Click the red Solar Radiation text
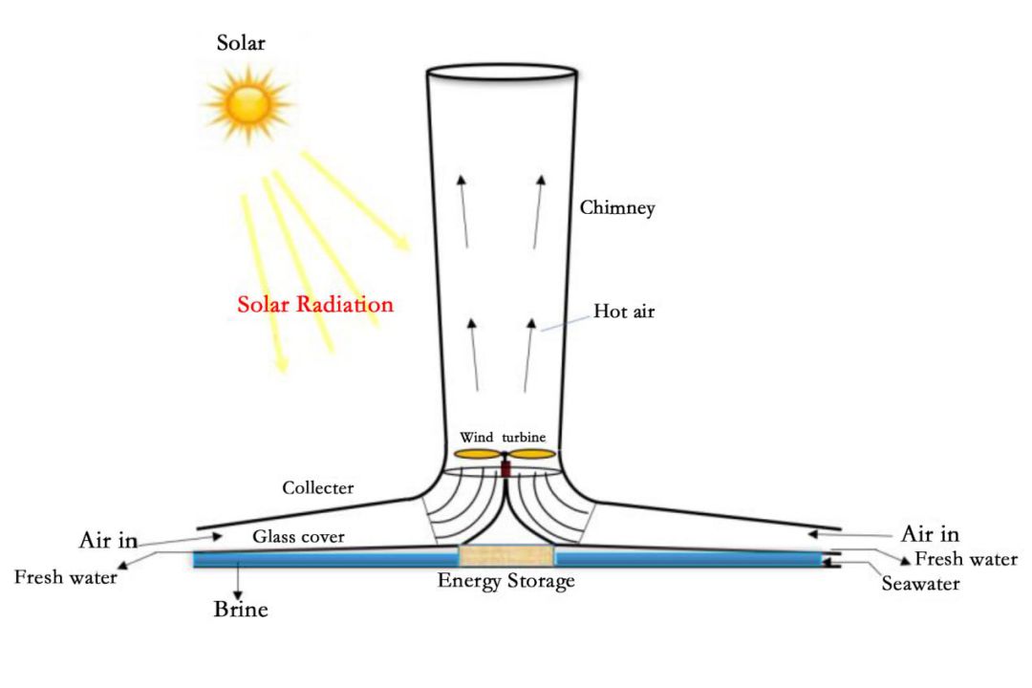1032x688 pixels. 315,305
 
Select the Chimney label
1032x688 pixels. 617,207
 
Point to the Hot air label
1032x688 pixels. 624,311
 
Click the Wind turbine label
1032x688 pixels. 503,438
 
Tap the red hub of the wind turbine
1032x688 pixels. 505,468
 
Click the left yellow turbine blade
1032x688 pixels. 477,455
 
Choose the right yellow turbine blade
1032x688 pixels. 532,454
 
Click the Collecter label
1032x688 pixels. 317,487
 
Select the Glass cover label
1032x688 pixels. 298,537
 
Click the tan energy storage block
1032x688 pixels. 505,557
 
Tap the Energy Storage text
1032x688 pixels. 505,581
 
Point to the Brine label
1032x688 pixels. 240,609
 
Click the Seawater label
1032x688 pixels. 919,582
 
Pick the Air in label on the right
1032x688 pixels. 930,533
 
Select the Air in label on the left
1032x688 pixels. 108,541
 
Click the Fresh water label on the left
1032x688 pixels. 66,578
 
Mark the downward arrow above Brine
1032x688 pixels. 237,583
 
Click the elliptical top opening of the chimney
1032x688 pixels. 501,73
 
